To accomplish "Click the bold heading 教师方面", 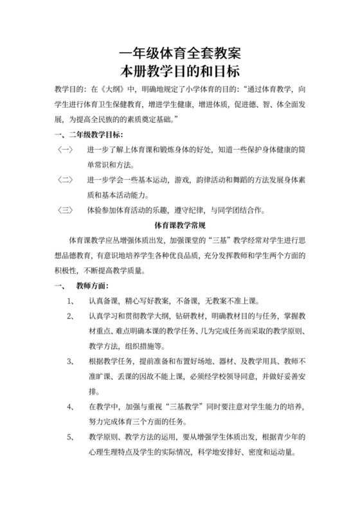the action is pos(91,286).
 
